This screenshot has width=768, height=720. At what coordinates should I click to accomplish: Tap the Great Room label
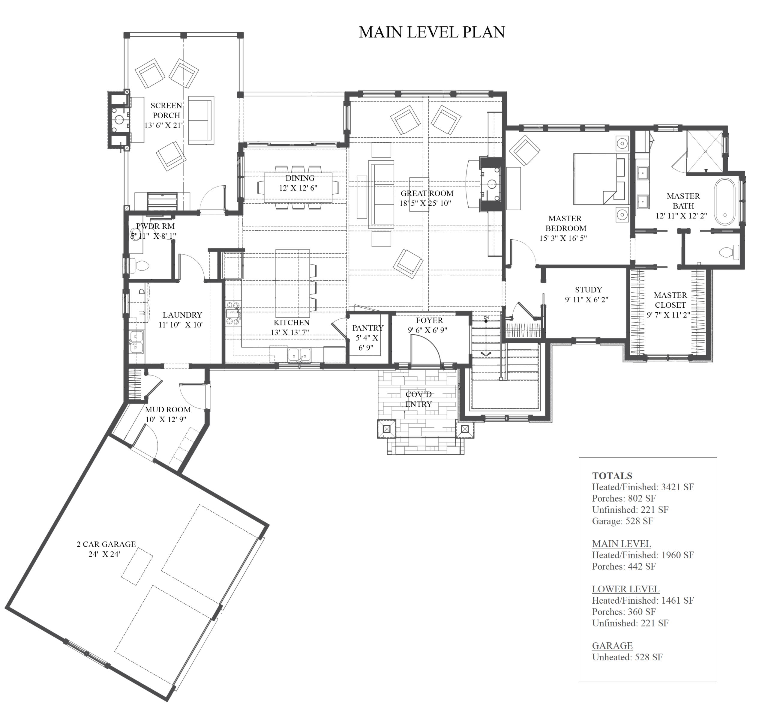click(x=427, y=193)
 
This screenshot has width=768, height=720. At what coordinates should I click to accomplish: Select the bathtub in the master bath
click(x=725, y=201)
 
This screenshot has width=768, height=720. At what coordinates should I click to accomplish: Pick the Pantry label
click(x=368, y=328)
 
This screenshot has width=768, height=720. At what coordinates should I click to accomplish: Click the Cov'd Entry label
click(x=418, y=399)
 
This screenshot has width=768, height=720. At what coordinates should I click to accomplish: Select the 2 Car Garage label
click(x=106, y=544)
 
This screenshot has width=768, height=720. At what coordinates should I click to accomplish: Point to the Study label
click(x=588, y=290)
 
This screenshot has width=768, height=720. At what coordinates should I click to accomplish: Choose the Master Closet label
click(x=670, y=300)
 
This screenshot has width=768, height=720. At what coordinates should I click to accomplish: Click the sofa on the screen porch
click(x=201, y=120)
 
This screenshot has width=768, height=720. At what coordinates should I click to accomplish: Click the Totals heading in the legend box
click(x=612, y=476)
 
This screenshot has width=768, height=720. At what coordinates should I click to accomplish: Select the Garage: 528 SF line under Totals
click(x=622, y=521)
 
